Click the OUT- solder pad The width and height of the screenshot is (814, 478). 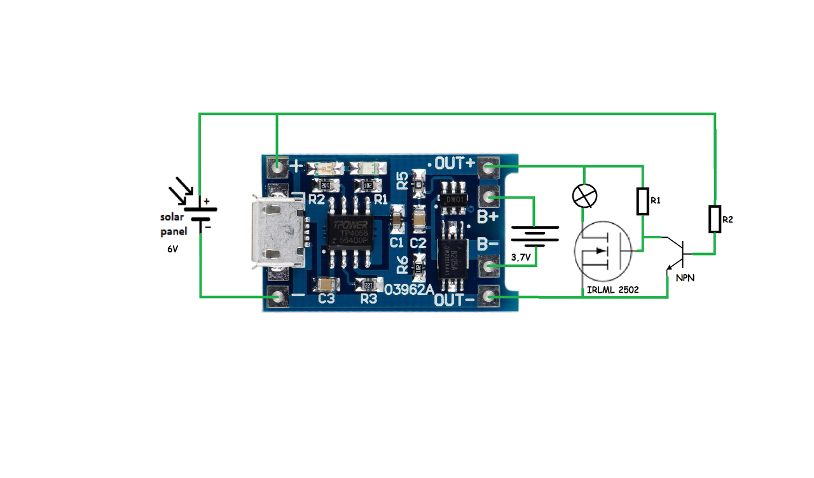pos(489,296)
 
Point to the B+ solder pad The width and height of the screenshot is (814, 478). pos(489,197)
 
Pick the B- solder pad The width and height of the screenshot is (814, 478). pos(489,266)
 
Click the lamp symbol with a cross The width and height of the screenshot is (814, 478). pos(584,197)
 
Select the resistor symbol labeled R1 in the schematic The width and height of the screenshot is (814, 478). pos(642,201)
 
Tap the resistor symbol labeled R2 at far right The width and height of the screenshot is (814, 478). pos(715,219)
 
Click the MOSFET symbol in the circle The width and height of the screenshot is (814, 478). pos(602,252)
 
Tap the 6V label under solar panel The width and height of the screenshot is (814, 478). pos(173,249)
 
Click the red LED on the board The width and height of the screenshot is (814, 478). pos(324,168)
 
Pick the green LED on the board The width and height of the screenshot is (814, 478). pos(368,168)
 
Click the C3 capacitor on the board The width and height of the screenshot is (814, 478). pos(326,285)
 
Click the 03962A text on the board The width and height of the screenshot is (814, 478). pos(410,290)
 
